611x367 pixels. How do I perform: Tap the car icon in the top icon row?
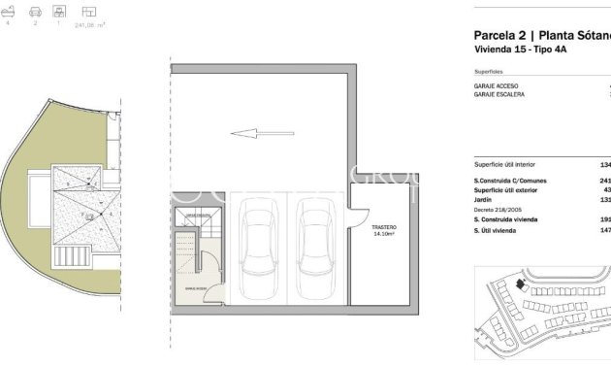(35, 12)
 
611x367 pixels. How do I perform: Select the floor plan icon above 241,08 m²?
(90, 12)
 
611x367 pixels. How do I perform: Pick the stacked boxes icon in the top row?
(61, 12)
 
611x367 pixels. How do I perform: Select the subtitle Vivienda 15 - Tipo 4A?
(519, 49)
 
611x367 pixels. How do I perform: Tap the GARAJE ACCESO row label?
(497, 85)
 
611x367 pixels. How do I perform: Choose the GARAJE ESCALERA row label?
(498, 94)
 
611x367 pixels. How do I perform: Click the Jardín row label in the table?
(484, 200)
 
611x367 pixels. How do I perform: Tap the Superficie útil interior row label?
(503, 164)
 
